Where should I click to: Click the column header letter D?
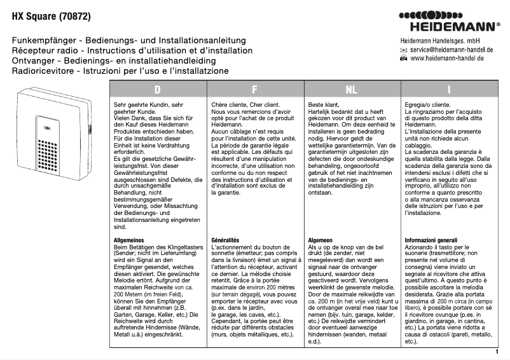[157, 90]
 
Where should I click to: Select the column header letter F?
[254, 90]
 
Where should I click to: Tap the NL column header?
[352, 90]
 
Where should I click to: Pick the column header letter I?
[449, 90]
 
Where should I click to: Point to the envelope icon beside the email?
[403, 49]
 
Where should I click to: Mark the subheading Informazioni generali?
[431, 240]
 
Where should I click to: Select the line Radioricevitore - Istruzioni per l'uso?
[120, 71]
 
